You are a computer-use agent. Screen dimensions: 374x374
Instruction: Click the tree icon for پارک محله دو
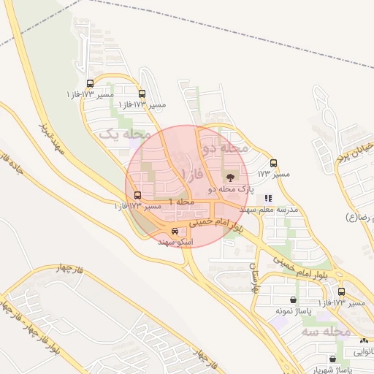pyautogui.click(x=231, y=177)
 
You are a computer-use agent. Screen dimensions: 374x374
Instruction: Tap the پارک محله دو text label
pyautogui.click(x=231, y=189)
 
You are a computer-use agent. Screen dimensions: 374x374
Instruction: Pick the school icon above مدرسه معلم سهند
pyautogui.click(x=268, y=197)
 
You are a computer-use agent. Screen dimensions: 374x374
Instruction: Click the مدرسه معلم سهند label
pyautogui.click(x=265, y=209)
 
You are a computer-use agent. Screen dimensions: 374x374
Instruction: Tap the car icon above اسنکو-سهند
pyautogui.click(x=174, y=231)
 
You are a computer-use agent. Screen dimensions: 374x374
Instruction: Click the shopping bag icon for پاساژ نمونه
pyautogui.click(x=294, y=299)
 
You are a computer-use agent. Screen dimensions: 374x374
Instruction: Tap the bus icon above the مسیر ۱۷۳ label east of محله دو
pyautogui.click(x=274, y=163)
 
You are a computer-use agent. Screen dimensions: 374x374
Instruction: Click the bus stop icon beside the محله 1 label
pyautogui.click(x=138, y=195)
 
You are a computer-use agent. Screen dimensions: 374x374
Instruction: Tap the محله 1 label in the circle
pyautogui.click(x=181, y=202)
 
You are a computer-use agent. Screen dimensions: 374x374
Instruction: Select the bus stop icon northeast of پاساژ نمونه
pyautogui.click(x=340, y=292)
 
